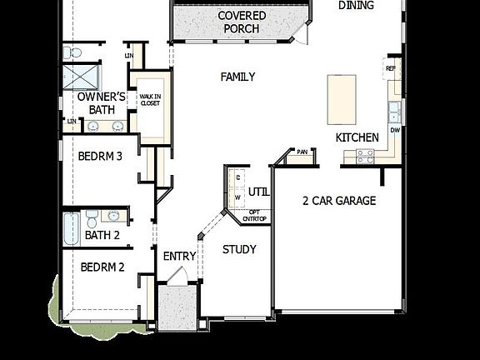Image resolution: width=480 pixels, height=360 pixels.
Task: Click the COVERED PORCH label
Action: [x=242, y=22]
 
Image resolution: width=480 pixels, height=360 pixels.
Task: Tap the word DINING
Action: [x=356, y=5]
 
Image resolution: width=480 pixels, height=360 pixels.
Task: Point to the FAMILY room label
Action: [x=237, y=77]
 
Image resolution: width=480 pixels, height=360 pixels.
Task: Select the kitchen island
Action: [x=342, y=98]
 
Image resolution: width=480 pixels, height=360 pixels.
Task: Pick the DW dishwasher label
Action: [x=395, y=131]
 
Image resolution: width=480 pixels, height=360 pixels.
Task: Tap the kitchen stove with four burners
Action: [x=366, y=154]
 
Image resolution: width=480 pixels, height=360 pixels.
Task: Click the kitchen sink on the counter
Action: [x=394, y=112]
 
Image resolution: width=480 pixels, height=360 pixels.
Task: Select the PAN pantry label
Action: [x=302, y=152]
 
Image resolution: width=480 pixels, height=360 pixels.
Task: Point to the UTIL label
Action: [x=258, y=192]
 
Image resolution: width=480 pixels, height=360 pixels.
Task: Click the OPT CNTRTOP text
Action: [x=254, y=215]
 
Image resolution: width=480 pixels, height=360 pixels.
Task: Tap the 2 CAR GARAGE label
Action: [x=339, y=200]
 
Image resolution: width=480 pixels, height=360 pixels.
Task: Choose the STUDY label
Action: [x=239, y=249]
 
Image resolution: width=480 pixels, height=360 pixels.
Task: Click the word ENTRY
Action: [x=179, y=256]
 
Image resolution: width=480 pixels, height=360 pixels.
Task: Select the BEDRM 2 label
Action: [x=102, y=267]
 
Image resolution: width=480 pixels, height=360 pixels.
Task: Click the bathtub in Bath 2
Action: [x=71, y=225]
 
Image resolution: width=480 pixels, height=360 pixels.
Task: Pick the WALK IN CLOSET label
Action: [x=150, y=100]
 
